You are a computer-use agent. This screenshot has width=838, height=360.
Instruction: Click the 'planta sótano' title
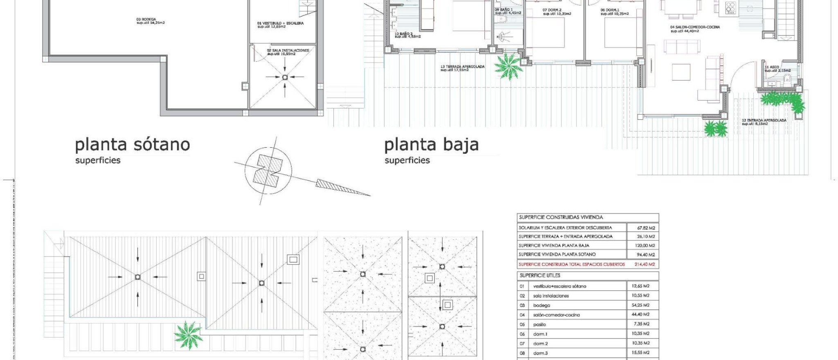pyautogui.click(x=132, y=145)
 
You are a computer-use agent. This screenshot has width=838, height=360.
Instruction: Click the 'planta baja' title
pyautogui.click(x=431, y=145)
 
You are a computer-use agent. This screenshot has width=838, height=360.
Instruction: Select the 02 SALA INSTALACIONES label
pyautogui.click(x=288, y=50)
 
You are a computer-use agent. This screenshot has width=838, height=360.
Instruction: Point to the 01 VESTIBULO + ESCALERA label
pyautogui.click(x=280, y=23)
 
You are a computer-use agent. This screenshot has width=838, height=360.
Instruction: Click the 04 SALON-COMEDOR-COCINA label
pyautogui.click(x=695, y=27)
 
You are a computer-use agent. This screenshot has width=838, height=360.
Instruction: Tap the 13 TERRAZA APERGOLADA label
pyautogui.click(x=462, y=67)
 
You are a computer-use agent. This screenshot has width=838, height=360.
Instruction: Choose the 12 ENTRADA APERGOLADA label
pyautogui.click(x=764, y=121)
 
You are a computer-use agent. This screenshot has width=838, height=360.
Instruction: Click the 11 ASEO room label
pyautogui.click(x=772, y=67)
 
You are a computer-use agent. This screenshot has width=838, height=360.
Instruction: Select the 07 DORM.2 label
pyautogui.click(x=552, y=10)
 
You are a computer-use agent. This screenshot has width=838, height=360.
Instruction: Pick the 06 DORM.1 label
pyautogui.click(x=609, y=10)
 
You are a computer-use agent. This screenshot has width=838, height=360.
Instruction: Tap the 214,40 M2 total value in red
pyautogui.click(x=644, y=264)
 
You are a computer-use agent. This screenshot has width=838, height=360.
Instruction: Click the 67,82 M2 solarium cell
pyautogui.click(x=646, y=228)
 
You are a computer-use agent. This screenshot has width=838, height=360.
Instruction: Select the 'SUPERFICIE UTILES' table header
pyautogui.click(x=540, y=276)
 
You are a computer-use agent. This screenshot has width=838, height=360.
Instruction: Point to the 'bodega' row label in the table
pyautogui.click(x=541, y=305)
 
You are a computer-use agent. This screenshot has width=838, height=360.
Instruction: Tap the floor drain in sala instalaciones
pyautogui.click(x=285, y=77)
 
